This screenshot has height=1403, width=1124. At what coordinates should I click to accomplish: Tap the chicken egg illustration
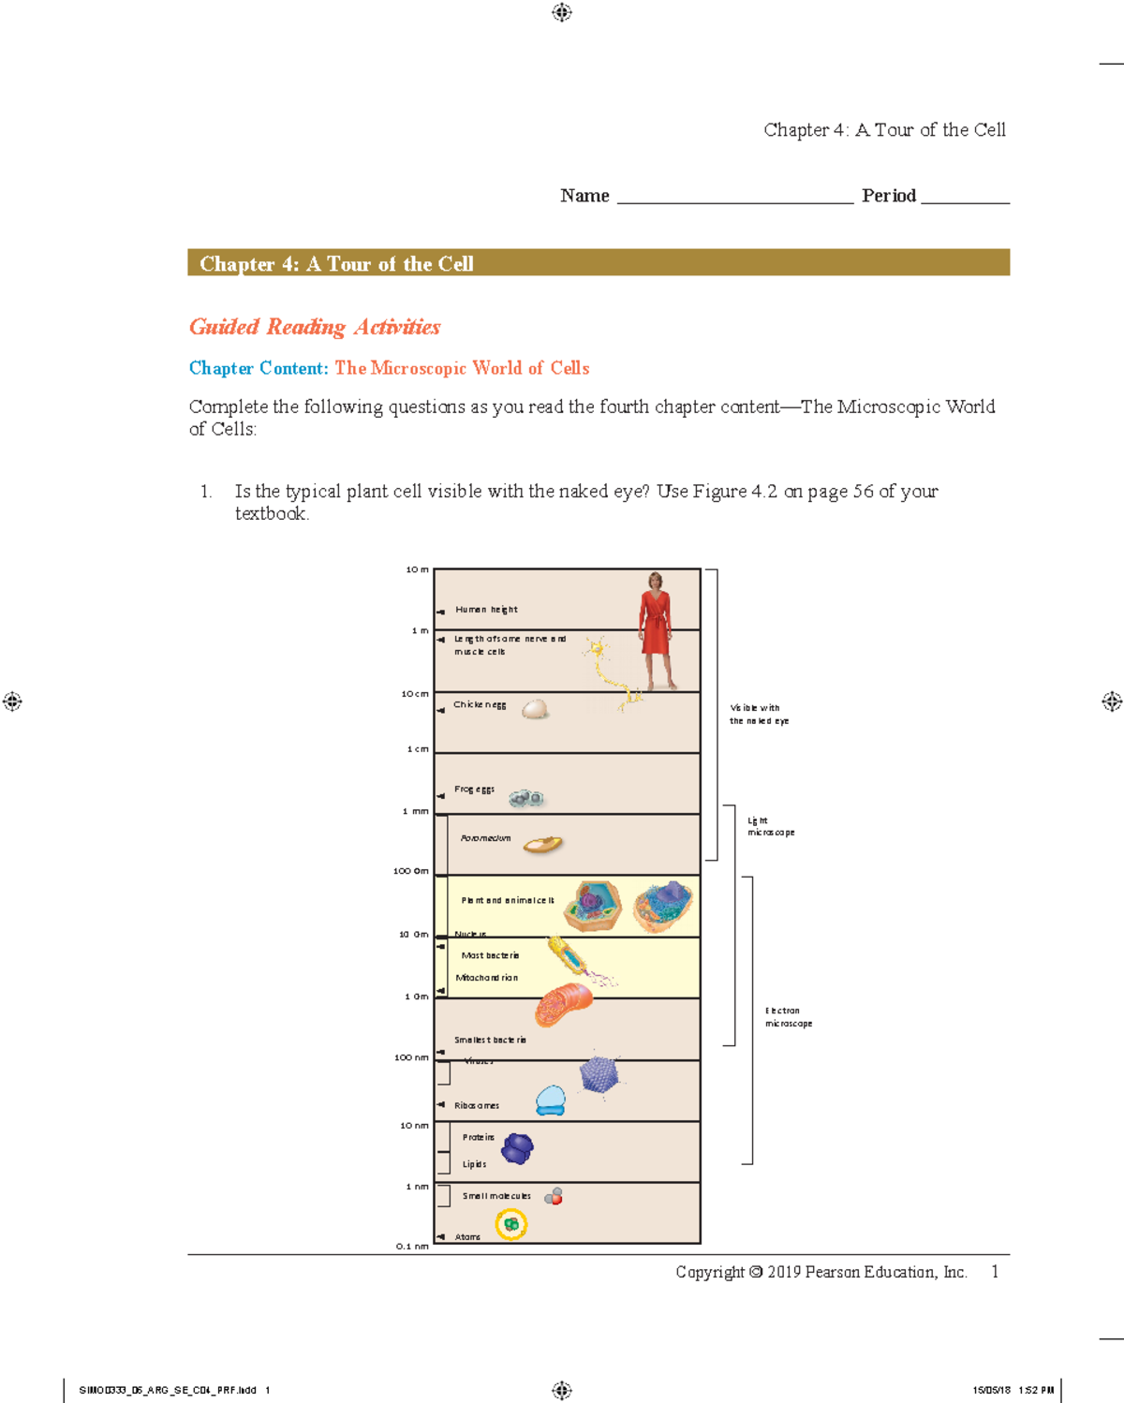(x=535, y=710)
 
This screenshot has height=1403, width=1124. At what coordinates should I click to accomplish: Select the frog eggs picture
(x=526, y=798)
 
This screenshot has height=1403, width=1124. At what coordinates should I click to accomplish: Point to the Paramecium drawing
(x=542, y=845)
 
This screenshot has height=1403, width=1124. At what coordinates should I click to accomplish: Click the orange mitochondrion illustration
(x=564, y=1004)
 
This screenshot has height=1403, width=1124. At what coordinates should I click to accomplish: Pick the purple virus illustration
(x=599, y=1074)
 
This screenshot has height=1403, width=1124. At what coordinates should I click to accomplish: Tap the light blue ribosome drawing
(x=551, y=1100)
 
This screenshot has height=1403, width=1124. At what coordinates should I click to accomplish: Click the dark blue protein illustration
(x=517, y=1148)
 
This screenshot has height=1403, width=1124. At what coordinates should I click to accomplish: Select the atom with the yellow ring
(x=511, y=1224)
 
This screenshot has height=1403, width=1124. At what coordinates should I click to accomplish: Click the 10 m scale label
(x=417, y=569)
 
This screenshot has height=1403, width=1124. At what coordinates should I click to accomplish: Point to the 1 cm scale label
(x=418, y=749)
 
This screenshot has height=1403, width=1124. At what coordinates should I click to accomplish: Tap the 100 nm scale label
(x=411, y=1057)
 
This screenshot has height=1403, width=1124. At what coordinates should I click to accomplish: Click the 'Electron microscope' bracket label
(x=788, y=1017)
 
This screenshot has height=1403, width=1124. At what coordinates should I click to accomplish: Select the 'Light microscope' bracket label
(x=770, y=826)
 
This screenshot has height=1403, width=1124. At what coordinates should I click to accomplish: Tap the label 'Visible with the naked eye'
(x=759, y=715)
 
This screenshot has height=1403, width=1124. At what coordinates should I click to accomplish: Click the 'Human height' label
(x=486, y=610)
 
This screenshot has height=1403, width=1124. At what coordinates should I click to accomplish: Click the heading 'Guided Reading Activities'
(x=315, y=327)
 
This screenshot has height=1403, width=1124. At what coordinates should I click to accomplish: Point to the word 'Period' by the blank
(x=889, y=196)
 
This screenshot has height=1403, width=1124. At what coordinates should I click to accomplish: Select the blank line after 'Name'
(x=734, y=199)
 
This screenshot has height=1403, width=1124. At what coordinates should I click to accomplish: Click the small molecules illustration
(x=554, y=1196)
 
